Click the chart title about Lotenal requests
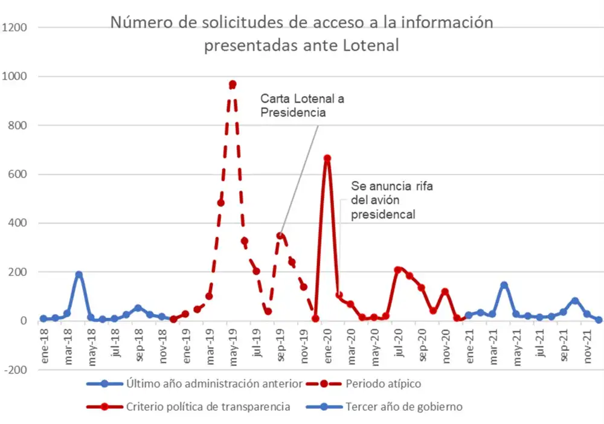pos(301,34)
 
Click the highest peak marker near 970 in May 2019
pos(233,85)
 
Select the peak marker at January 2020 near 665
pos(327,158)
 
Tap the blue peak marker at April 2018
pos(79,275)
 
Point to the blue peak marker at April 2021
pos(504,285)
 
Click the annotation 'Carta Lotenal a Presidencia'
pos(302,105)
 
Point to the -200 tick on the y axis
pos(16,370)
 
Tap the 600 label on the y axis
pos(18,175)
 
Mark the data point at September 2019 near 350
pos(280,236)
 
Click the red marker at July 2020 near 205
pos(397,271)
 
